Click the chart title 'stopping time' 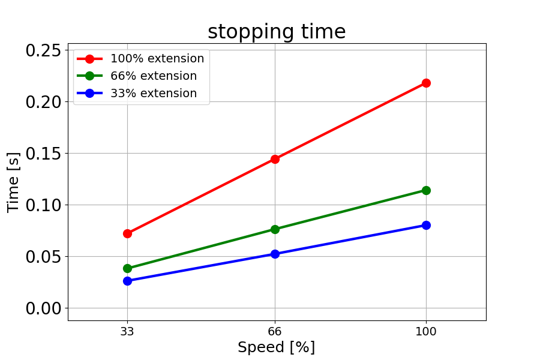point(277,32)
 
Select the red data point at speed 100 point(426,83)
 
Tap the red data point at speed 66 point(275,159)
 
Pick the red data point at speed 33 point(127,233)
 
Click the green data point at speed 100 point(426,190)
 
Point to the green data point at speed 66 point(275,229)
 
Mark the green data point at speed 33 point(127,269)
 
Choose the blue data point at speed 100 point(426,225)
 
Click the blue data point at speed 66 point(275,254)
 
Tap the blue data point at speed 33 point(127,281)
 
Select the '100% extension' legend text point(157,59)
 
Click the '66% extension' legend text point(154,76)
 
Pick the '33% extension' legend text point(154,94)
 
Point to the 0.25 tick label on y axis point(43,50)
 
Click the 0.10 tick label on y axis point(43,205)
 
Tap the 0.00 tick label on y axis point(43,308)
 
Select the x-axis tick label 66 point(275,331)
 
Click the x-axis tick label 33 point(127,331)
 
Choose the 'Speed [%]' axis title point(276,347)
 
